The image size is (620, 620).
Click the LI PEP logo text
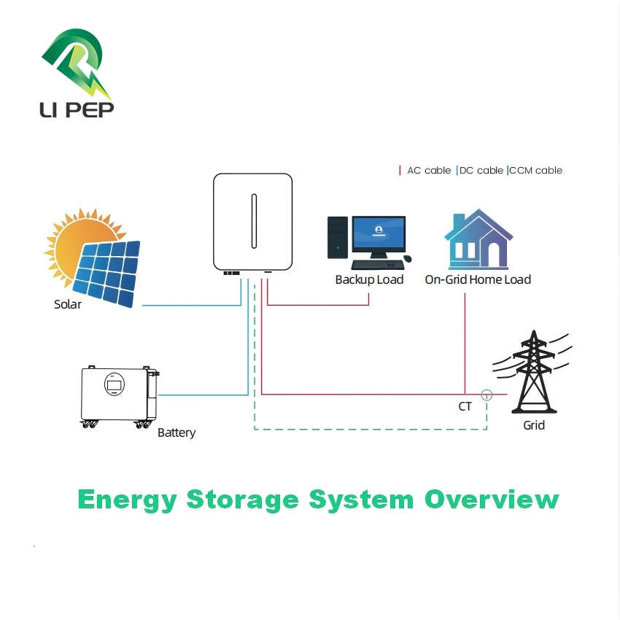point(77,109)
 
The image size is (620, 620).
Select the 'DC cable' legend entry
point(481,170)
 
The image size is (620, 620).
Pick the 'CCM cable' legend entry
point(535,170)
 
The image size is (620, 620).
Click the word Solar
point(68,304)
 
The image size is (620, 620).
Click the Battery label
point(177,433)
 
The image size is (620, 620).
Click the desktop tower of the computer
point(337,237)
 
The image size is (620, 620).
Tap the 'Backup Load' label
point(369,279)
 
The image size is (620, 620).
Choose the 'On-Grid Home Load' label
point(478,279)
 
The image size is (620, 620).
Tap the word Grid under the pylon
point(534,425)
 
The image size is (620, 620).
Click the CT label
point(465,406)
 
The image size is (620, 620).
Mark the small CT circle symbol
point(487,395)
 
